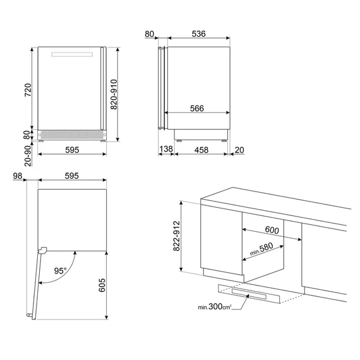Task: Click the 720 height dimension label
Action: pos(28,90)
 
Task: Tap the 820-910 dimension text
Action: pos(114,94)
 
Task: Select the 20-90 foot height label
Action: pos(28,156)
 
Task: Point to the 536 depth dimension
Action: pos(198,33)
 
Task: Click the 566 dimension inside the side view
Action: pos(197,109)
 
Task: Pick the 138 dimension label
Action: pos(166,149)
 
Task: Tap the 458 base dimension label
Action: pos(201,150)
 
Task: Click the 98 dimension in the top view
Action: pos(18,176)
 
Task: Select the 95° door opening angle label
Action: pos(60,271)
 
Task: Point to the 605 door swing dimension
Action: pos(102,285)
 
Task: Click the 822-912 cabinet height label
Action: pos(177,236)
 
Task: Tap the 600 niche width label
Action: pos(272,230)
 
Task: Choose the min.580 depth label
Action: pos(261,249)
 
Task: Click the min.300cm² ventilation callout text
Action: pos(215,306)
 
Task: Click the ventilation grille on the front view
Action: pos(72,135)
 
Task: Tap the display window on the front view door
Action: pos(72,54)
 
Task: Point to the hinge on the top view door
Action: pos(42,250)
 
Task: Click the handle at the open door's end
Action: pos(29,315)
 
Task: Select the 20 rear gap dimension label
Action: pos(239,150)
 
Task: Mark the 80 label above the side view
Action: pos(149,34)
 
